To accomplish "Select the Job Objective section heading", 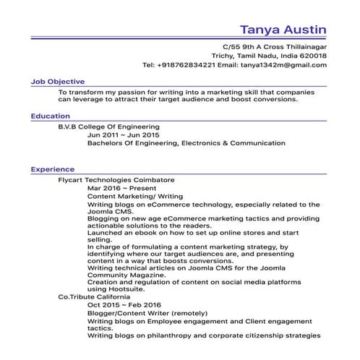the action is click(x=58, y=82).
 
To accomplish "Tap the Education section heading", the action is click(x=51, y=116).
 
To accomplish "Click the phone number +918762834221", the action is click(x=185, y=64).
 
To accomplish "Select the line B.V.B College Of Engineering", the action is click(x=109, y=126).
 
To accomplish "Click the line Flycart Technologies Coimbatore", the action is click(x=116, y=179).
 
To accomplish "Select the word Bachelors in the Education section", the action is click(x=106, y=143).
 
